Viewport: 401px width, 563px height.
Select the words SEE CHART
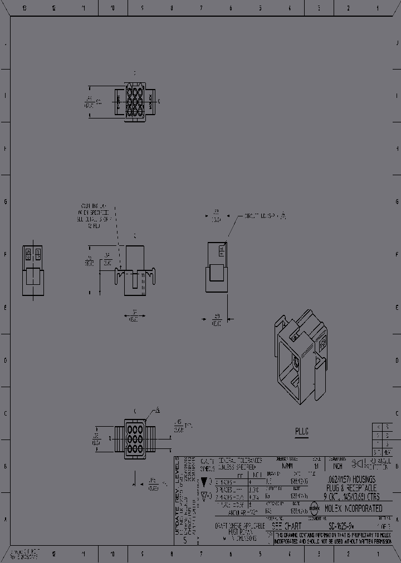pos(286,526)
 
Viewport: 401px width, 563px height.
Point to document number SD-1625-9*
pos(342,526)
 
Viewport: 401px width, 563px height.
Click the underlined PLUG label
pos(301,431)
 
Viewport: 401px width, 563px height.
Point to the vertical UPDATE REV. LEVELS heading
pos(178,501)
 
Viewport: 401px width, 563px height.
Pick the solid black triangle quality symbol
pos(205,481)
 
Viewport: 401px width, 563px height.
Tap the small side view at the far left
pos(33,270)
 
